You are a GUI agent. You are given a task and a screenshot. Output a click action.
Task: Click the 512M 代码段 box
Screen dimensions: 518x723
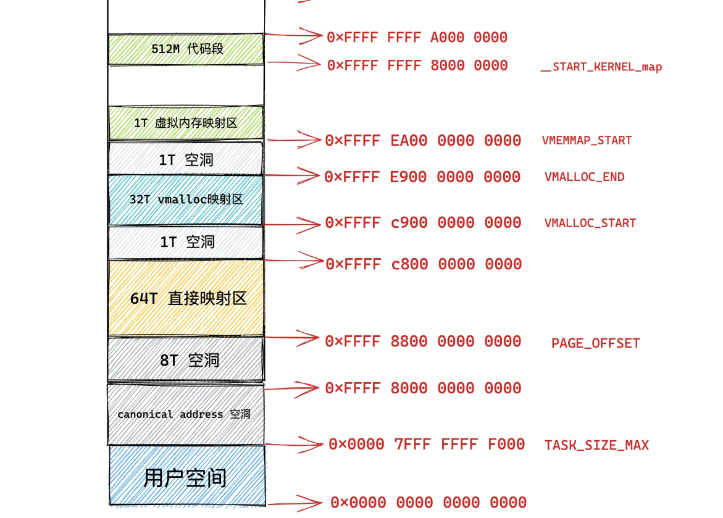[186, 49]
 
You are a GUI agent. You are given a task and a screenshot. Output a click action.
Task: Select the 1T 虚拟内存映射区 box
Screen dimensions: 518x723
[186, 123]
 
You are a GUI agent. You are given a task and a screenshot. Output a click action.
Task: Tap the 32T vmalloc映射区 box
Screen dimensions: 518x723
[186, 199]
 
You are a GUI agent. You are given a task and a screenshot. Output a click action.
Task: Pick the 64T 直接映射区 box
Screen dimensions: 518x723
[186, 298]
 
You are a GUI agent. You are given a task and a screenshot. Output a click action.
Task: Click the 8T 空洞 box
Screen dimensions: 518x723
[186, 359]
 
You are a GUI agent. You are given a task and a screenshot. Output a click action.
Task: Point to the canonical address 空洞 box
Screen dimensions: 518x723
[185, 414]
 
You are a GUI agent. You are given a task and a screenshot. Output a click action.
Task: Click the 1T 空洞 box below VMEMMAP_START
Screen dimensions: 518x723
[186, 159]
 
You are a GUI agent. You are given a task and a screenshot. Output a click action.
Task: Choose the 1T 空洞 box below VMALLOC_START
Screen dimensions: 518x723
[186, 242]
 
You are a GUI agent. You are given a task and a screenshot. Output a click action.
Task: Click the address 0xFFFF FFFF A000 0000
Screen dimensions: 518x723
[417, 38]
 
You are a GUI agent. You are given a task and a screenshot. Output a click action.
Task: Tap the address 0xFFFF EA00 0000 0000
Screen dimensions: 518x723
[424, 141]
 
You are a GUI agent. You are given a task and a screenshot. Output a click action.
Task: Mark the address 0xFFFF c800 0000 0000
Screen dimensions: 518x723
[424, 264]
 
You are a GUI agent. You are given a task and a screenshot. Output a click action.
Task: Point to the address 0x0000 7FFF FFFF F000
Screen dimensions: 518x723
[427, 445]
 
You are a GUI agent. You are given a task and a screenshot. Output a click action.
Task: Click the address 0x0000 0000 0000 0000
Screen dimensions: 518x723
[428, 503]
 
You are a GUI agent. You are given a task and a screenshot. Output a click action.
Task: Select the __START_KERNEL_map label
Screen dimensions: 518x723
[601, 67]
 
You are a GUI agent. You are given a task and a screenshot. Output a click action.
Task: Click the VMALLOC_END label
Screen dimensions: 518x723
[584, 177]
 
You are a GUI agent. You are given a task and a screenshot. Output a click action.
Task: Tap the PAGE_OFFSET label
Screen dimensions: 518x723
[596, 343]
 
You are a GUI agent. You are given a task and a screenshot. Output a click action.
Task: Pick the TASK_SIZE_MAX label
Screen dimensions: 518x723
[596, 445]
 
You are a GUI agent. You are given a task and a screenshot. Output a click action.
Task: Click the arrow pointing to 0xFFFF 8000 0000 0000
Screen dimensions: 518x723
[293, 388]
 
